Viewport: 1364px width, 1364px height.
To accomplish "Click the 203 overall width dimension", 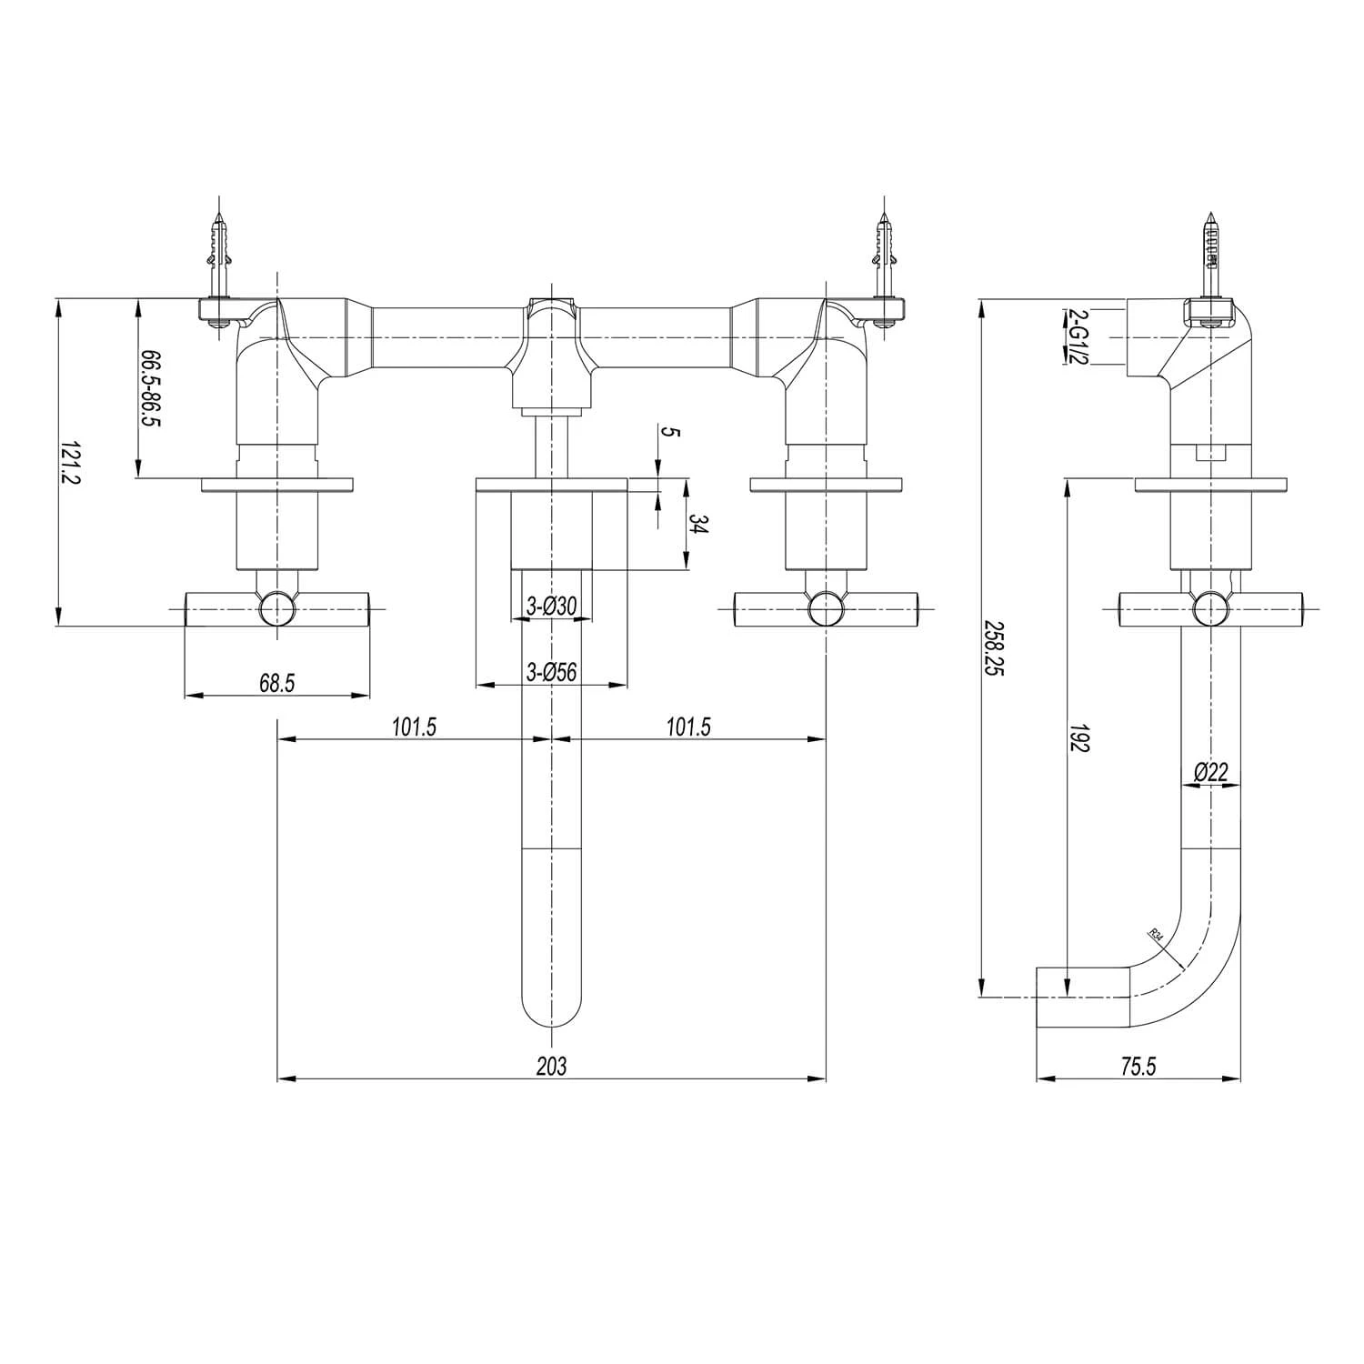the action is tap(551, 1066).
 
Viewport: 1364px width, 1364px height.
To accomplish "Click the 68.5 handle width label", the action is tap(276, 683).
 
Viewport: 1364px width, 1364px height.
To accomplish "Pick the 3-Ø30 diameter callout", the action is tap(552, 606).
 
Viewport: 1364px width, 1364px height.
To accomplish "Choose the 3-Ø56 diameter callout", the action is tap(552, 672).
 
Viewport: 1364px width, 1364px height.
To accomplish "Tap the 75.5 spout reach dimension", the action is tap(1138, 1067).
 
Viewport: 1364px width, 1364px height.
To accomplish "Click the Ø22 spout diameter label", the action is tap(1211, 772).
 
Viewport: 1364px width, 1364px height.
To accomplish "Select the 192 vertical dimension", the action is tap(1080, 737).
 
